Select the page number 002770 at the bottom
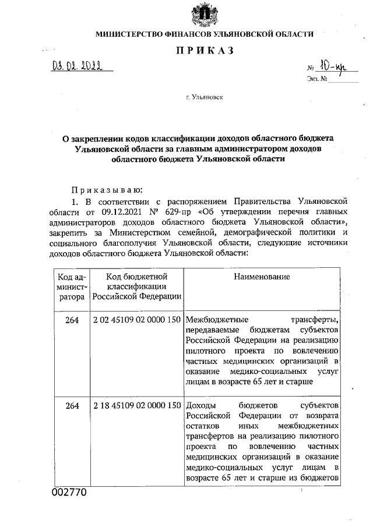pyautogui.click(x=69, y=493)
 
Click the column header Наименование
pyautogui.click(x=262, y=276)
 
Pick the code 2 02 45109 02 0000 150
pyautogui.click(x=136, y=320)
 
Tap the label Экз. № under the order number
pyautogui.click(x=315, y=79)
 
